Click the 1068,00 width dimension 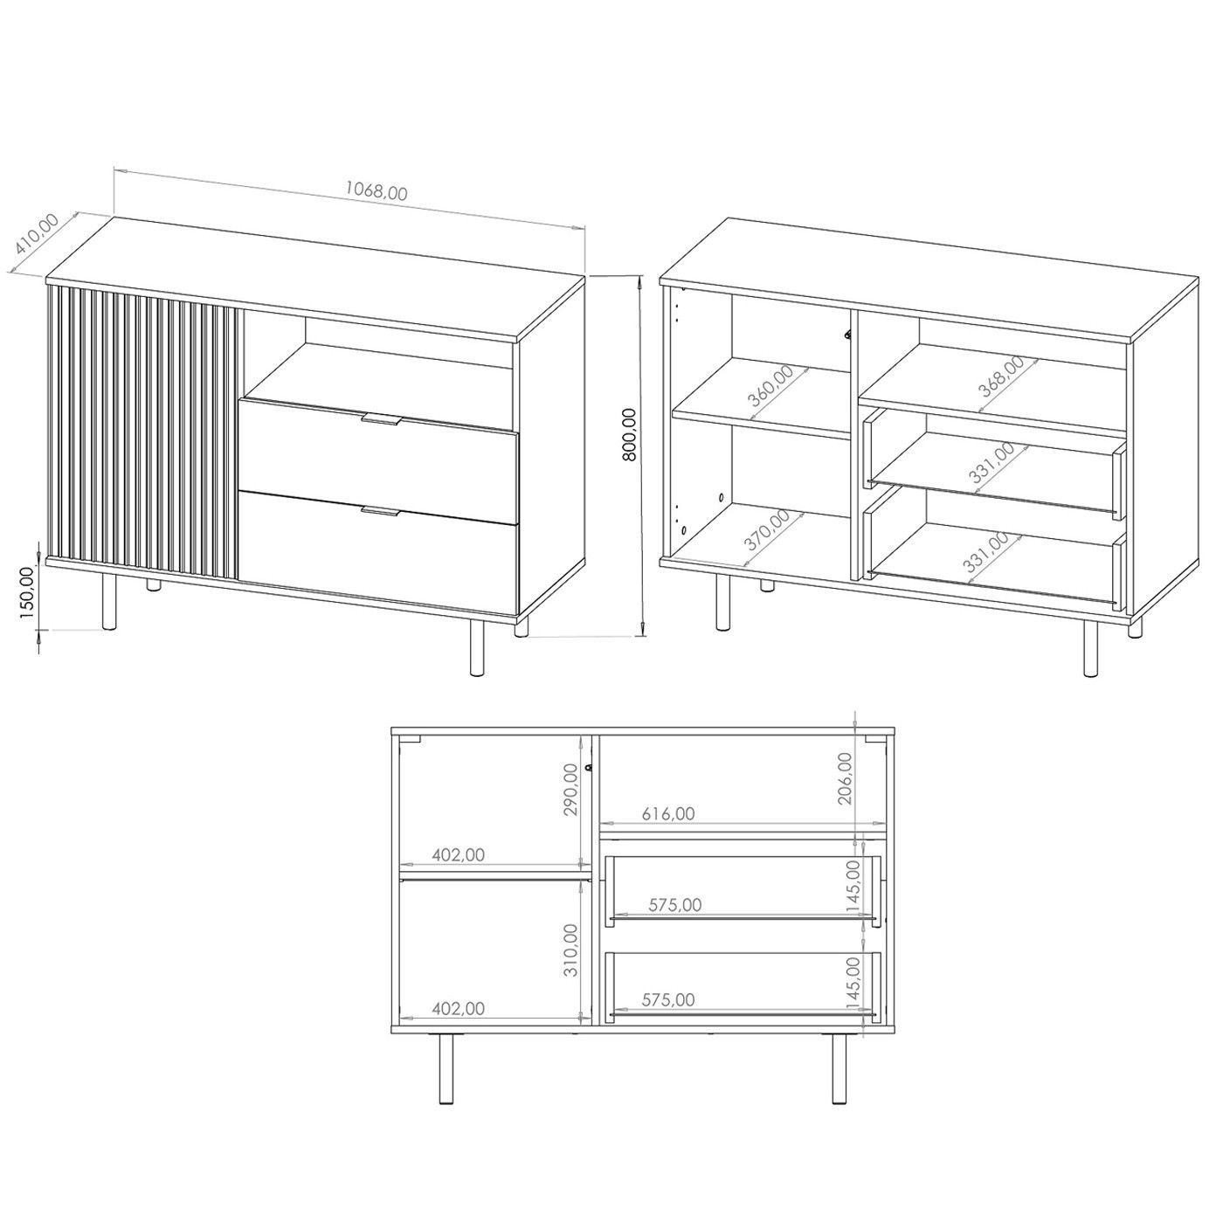376,191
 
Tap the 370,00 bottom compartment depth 767,529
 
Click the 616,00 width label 667,813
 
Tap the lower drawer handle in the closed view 380,512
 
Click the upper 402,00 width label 459,855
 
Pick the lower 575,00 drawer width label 667,999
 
